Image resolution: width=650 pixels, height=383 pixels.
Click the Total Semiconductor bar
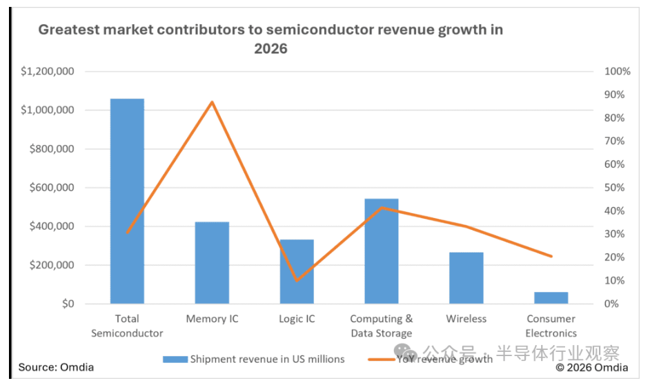pos(127,201)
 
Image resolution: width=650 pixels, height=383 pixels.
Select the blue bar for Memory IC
pos(212,262)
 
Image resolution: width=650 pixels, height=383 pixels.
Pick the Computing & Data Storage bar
pos(381,251)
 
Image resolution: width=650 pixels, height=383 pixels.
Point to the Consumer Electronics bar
pos(551,297)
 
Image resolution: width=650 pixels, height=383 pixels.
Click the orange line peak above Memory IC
pos(212,102)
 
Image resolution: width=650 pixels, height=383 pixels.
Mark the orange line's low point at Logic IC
pos(297,280)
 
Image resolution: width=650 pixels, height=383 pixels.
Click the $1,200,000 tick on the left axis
pos(48,72)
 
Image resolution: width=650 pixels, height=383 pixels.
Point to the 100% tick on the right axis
pos(617,72)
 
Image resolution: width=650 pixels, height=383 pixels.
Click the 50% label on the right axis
pos(614,188)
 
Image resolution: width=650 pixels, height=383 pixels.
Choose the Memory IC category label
pos(212,319)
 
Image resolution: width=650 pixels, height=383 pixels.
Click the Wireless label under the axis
pos(466,319)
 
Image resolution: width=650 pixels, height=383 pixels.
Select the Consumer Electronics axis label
pos(551,326)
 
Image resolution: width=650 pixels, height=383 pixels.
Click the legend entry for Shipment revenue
pos(266,359)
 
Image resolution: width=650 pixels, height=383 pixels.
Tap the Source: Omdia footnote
pos(56,367)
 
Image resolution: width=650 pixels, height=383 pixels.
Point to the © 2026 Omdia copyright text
pos(591,367)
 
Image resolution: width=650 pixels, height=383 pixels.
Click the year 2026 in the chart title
pos(270,49)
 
